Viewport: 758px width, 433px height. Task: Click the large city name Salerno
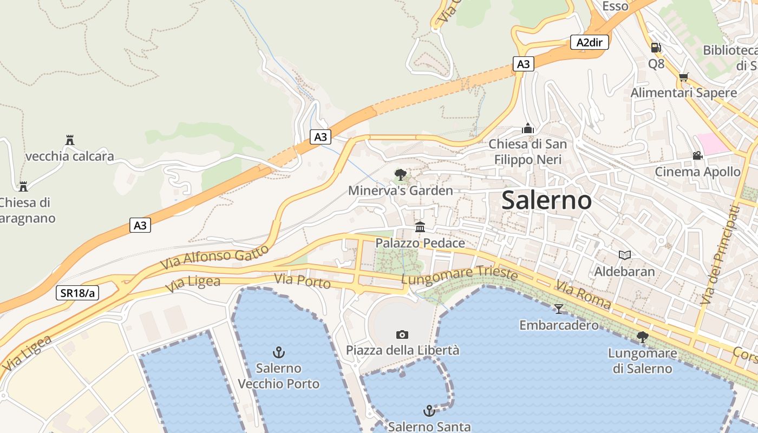[x=546, y=200]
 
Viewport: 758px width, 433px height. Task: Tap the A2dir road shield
[x=590, y=42]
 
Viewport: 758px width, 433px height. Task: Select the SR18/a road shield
[x=77, y=293]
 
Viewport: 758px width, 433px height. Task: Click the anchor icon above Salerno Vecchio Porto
[x=278, y=352]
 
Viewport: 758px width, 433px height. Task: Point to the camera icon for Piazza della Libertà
[x=402, y=334]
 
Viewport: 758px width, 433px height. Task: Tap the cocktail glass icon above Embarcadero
[x=558, y=309]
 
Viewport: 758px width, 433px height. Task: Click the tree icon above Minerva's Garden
[x=401, y=174]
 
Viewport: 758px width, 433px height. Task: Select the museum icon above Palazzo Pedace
[x=420, y=227]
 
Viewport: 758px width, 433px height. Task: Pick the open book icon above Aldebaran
[x=625, y=255]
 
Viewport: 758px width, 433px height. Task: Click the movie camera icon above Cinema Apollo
[x=697, y=155]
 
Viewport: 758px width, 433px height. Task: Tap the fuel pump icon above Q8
[x=656, y=48]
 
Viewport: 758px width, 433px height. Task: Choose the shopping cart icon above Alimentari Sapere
[x=683, y=77]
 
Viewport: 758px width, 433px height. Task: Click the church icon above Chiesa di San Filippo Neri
[x=528, y=128]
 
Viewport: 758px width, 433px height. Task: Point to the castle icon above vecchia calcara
[x=69, y=140]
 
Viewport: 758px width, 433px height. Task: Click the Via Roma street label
[x=583, y=295]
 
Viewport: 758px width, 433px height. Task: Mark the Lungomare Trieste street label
[x=460, y=275]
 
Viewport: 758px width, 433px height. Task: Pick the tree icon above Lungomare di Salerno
[x=642, y=337]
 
